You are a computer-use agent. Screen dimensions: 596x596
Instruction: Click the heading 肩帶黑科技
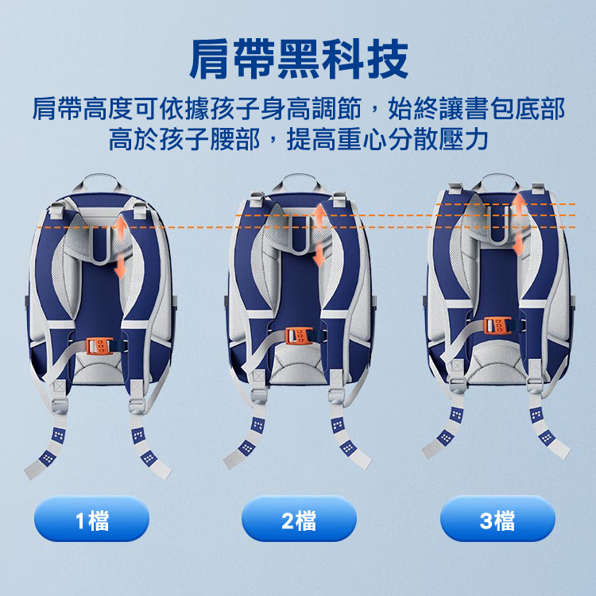(x=299, y=60)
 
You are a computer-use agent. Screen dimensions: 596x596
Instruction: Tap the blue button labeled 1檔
(x=92, y=519)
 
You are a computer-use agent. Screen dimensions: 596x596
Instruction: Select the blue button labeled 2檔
(x=299, y=519)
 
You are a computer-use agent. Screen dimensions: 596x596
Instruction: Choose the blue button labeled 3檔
(x=498, y=519)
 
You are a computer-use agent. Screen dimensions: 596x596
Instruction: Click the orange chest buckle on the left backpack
(x=99, y=346)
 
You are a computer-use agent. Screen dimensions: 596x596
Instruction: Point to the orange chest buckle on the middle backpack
(x=299, y=335)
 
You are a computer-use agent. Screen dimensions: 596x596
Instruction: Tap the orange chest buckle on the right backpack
(x=497, y=325)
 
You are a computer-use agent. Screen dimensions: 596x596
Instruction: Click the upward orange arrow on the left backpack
(x=121, y=229)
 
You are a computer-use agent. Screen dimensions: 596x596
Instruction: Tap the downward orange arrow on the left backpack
(x=120, y=266)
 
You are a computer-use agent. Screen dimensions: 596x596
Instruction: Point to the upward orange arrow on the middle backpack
(x=320, y=218)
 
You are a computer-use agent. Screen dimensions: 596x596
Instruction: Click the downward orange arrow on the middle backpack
(x=319, y=254)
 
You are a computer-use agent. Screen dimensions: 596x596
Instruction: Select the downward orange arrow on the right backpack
(x=518, y=244)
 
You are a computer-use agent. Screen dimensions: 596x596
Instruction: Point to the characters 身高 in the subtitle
(x=285, y=109)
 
